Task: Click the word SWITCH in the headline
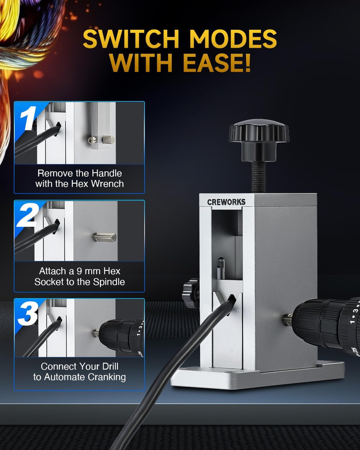click(x=131, y=39)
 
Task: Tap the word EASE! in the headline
click(x=217, y=63)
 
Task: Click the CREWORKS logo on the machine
click(x=226, y=202)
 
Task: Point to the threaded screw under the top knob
click(x=258, y=176)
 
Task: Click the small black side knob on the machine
click(x=190, y=293)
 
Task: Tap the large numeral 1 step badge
click(x=28, y=118)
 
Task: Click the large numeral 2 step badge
click(x=27, y=215)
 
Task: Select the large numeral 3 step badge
click(x=28, y=313)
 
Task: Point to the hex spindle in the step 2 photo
click(x=105, y=237)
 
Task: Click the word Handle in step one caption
click(x=107, y=173)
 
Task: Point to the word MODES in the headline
click(x=233, y=39)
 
